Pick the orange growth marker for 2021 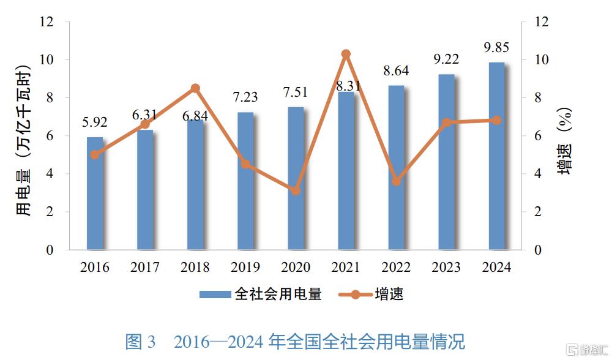click(346, 54)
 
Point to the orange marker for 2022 click(396, 181)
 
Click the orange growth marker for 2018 click(195, 88)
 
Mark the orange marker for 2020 click(296, 191)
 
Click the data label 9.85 click(496, 48)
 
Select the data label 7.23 click(245, 97)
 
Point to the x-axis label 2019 click(245, 268)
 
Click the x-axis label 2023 click(446, 268)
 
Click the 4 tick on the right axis click(539, 174)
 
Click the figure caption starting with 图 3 click(294, 340)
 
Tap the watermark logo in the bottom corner click(587, 350)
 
